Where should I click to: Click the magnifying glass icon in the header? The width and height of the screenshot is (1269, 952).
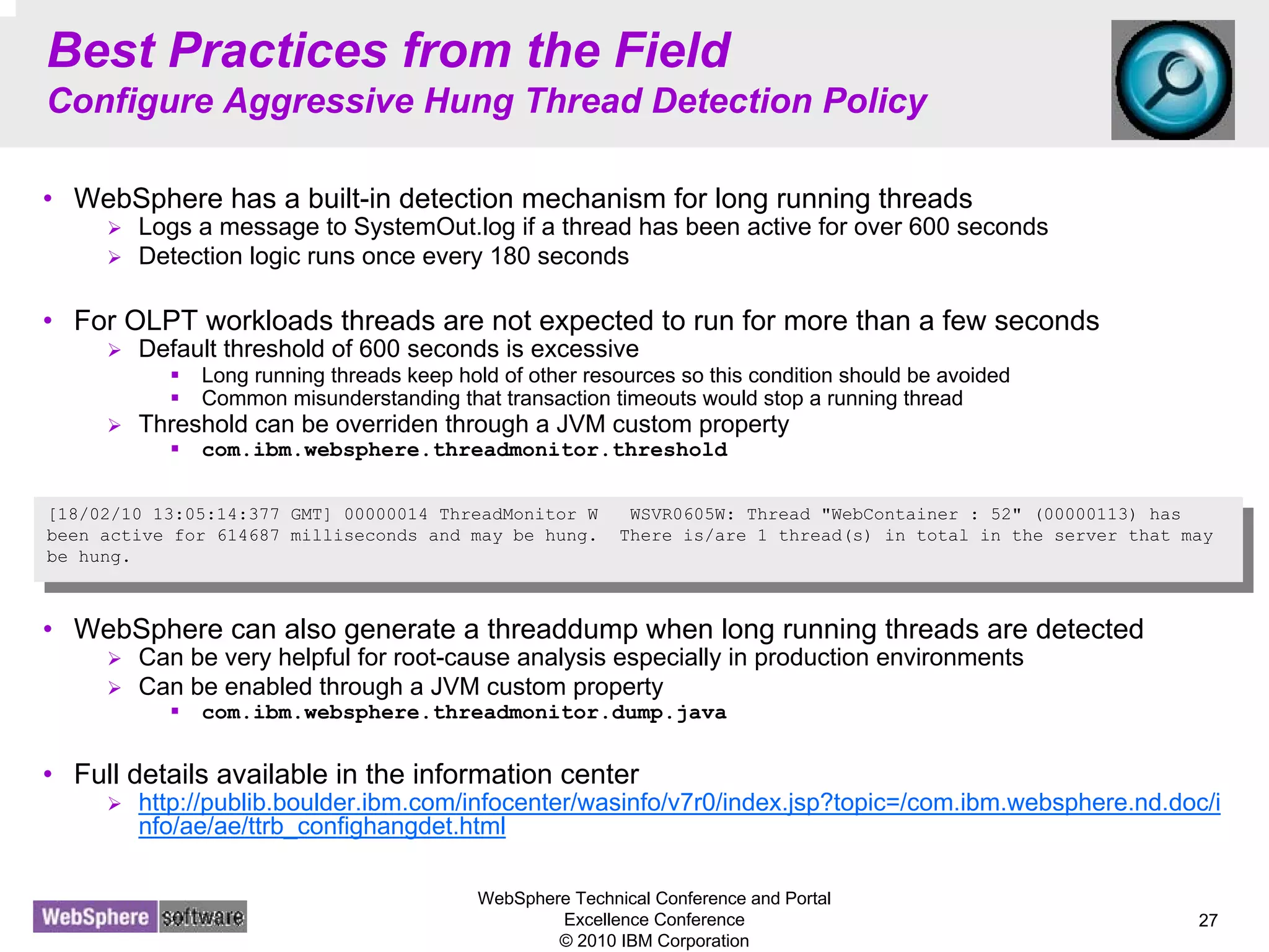pyautogui.click(x=1172, y=80)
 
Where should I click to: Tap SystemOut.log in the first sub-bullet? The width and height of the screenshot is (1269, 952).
pyautogui.click(x=434, y=227)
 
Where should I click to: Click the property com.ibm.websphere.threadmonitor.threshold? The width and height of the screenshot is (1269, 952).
pyautogui.click(x=464, y=450)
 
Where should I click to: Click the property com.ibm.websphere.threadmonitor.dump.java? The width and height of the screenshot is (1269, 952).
pyautogui.click(x=464, y=713)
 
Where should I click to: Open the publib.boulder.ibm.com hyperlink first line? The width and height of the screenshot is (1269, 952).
pyautogui.click(x=679, y=803)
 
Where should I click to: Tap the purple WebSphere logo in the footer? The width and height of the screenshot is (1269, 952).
pyautogui.click(x=95, y=917)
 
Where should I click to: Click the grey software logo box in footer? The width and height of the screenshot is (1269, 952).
pyautogui.click(x=203, y=917)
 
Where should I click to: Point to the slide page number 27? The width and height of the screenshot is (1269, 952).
pyautogui.click(x=1208, y=920)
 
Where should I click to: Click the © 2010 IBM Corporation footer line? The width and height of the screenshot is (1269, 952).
pyautogui.click(x=654, y=941)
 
